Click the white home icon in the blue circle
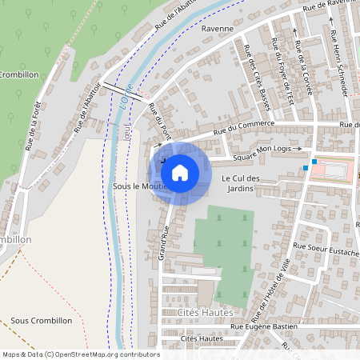180,172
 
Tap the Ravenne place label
217,28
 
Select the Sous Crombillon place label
42,320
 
